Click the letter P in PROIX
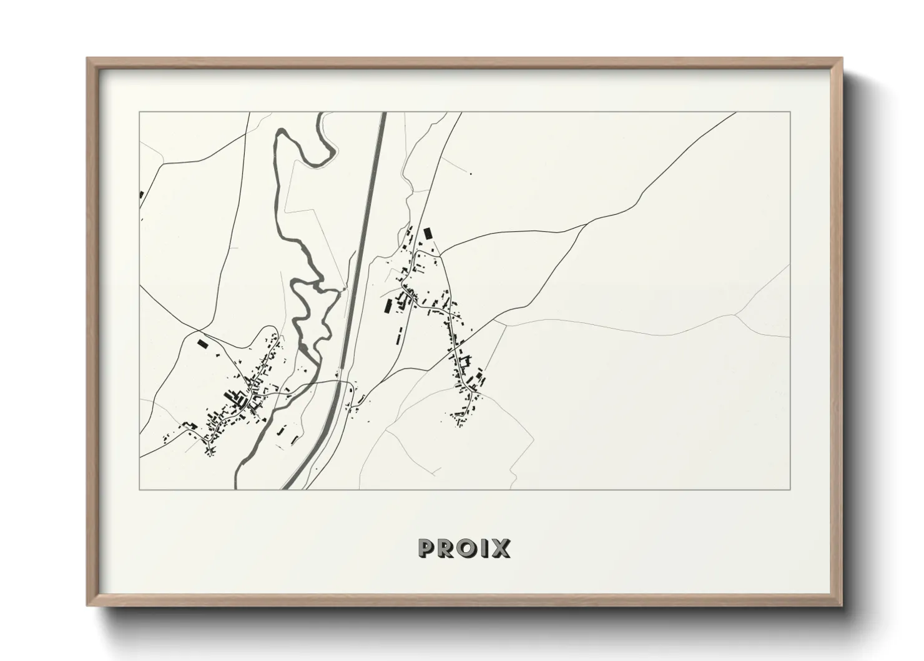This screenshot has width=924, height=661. pyautogui.click(x=427, y=548)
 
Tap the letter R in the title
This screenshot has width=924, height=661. pyautogui.click(x=447, y=548)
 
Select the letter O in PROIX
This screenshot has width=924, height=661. pyautogui.click(x=468, y=548)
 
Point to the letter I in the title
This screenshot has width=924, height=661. pyautogui.click(x=484, y=548)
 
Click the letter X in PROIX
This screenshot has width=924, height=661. pyautogui.click(x=500, y=548)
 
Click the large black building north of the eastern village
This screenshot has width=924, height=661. pyautogui.click(x=428, y=233)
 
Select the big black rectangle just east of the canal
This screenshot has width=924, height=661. pyautogui.click(x=387, y=307)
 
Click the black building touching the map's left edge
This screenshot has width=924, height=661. pyautogui.click(x=142, y=195)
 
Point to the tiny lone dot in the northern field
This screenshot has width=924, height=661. pyautogui.click(x=470, y=174)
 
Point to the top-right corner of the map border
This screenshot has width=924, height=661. pyautogui.click(x=790, y=112)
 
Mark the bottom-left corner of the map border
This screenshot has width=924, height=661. pyautogui.click(x=139, y=489)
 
